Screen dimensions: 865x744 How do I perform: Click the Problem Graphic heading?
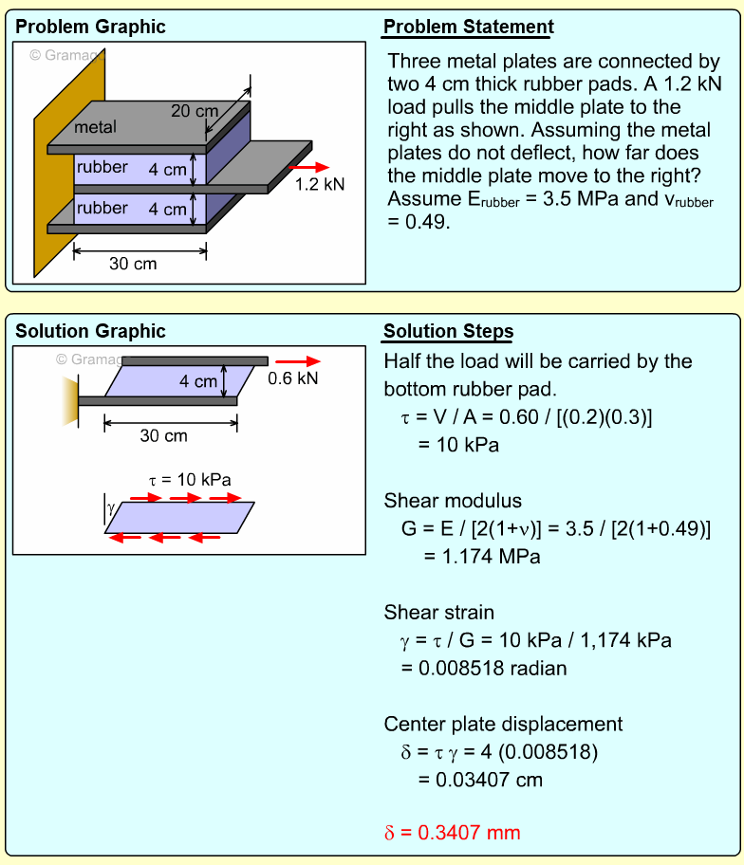(x=90, y=27)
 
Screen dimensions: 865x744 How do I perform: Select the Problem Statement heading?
(x=468, y=27)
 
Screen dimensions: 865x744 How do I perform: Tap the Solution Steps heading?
(x=448, y=331)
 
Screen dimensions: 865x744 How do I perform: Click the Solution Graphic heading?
(x=90, y=331)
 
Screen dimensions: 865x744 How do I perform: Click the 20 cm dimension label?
(x=194, y=111)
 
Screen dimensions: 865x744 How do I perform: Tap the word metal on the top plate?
(x=95, y=127)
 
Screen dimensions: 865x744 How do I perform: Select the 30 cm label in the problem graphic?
(x=133, y=264)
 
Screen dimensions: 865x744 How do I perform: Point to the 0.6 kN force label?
(x=293, y=378)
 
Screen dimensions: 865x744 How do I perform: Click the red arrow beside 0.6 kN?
(x=299, y=360)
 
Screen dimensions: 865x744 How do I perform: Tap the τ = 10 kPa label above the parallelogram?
(x=190, y=479)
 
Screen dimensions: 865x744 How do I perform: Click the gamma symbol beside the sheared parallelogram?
(x=111, y=508)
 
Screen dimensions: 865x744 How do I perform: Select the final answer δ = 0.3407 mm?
(x=452, y=833)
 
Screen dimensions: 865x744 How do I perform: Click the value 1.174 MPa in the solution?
(x=491, y=557)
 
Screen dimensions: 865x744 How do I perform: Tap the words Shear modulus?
(x=453, y=501)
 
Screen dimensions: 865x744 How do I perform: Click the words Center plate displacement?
(x=503, y=724)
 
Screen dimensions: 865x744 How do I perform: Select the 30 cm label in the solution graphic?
(x=163, y=436)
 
